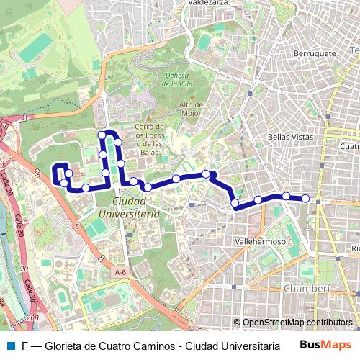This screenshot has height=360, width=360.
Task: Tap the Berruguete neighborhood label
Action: (315, 53)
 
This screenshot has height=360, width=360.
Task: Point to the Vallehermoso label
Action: (260, 243)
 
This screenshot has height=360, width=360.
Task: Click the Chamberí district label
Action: (307, 289)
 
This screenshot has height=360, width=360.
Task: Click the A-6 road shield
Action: (120, 273)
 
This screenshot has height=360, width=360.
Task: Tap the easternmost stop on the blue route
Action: (305, 198)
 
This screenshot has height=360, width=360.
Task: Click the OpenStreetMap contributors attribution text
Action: (297, 323)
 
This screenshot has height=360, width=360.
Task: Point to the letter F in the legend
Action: (24, 345)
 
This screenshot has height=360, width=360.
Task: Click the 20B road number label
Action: (32, 316)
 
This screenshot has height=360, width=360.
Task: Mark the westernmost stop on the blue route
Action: (63, 183)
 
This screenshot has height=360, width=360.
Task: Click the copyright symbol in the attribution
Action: (237, 323)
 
